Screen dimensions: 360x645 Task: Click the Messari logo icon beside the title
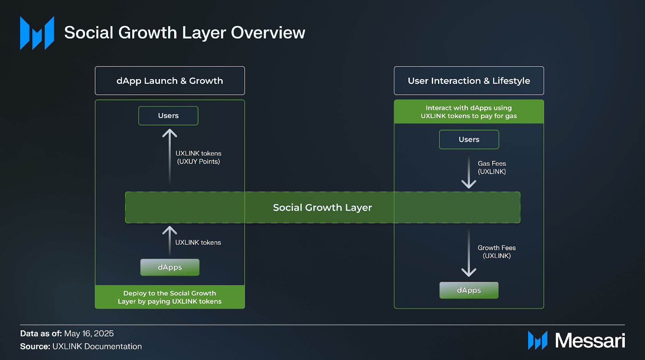(x=37, y=33)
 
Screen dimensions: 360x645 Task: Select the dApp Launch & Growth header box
(x=170, y=81)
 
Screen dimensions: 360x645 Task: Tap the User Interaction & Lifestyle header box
(x=469, y=81)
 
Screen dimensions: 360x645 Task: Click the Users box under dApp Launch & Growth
(x=168, y=116)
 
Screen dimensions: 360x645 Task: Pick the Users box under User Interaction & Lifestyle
(x=469, y=139)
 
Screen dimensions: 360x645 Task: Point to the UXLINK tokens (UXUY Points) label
(x=198, y=158)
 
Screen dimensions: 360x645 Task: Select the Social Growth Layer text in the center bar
(x=322, y=208)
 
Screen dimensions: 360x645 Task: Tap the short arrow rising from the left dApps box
(x=170, y=240)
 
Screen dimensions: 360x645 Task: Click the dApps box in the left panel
(x=170, y=267)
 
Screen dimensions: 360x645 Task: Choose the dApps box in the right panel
(x=469, y=290)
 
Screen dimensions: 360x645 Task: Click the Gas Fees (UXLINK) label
(x=492, y=168)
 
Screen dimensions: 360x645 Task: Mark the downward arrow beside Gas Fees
(x=469, y=171)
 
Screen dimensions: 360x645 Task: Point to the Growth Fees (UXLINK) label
(x=497, y=252)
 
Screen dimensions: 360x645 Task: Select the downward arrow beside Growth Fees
(x=469, y=252)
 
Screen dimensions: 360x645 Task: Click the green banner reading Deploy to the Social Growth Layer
(x=170, y=297)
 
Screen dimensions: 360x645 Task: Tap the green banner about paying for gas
(x=469, y=112)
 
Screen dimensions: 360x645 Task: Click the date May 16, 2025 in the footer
(x=89, y=333)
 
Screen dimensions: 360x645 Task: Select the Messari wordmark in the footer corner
(x=590, y=341)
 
